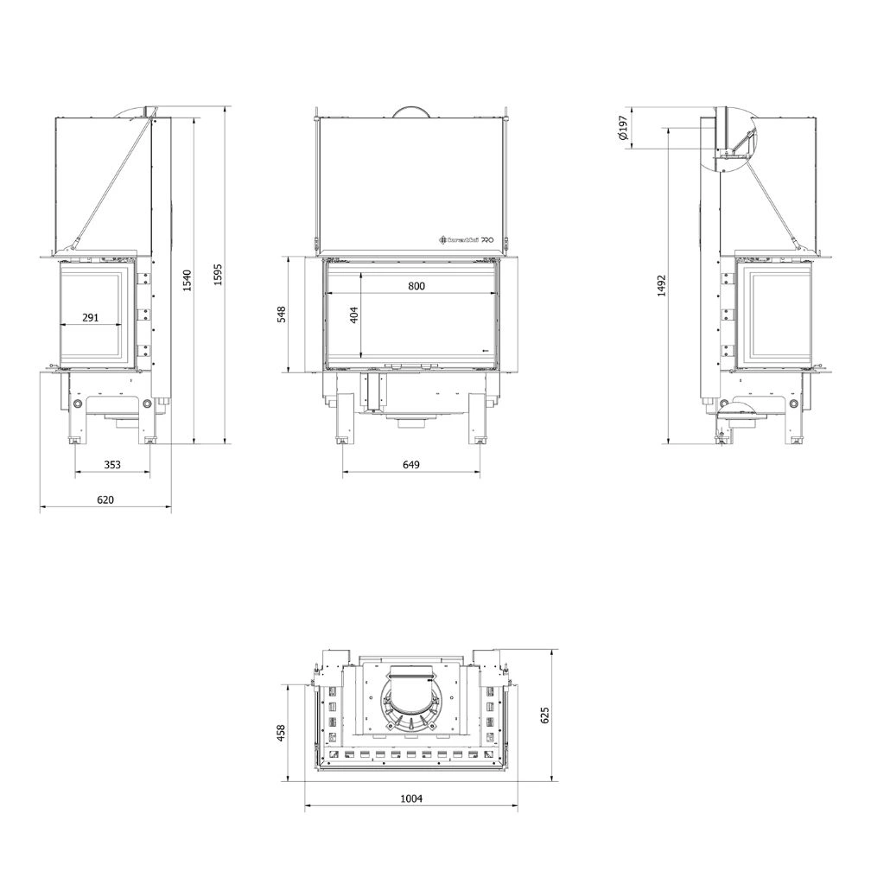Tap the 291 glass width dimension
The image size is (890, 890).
(91, 317)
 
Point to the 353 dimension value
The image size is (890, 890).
(112, 465)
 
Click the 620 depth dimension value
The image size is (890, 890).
(105, 499)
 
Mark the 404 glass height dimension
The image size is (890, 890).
(353, 316)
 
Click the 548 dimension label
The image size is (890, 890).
(281, 315)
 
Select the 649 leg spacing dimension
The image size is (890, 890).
(411, 465)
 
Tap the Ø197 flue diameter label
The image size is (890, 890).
(621, 128)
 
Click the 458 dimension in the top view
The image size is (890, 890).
(281, 733)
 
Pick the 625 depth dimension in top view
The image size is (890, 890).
(544, 715)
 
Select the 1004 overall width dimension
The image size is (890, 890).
(411, 799)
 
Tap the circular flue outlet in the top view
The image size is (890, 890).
(411, 698)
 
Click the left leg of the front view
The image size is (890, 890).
(343, 419)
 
